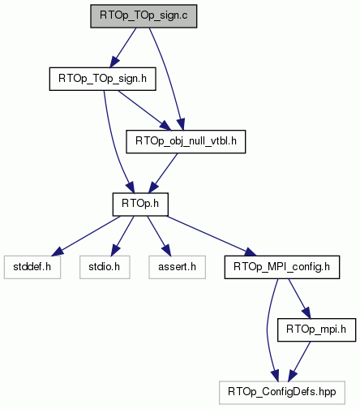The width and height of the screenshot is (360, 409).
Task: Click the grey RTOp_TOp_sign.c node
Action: click(144, 16)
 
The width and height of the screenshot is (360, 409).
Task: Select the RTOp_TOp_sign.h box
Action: click(102, 79)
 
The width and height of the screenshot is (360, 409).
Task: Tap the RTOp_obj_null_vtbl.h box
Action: click(186, 141)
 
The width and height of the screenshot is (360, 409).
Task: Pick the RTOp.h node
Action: click(140, 204)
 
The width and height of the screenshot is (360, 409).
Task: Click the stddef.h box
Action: click(32, 267)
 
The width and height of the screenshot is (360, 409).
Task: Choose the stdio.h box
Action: click(105, 267)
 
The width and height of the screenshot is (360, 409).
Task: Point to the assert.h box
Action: click(177, 267)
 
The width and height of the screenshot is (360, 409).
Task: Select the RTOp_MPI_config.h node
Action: click(282, 267)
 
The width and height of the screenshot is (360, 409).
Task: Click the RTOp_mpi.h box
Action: click(316, 329)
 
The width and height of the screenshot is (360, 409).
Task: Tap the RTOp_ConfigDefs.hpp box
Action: click(282, 393)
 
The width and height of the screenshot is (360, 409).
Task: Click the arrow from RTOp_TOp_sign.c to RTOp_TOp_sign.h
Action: click(123, 47)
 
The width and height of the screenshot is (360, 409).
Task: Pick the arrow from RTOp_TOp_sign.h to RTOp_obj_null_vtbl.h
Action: click(144, 110)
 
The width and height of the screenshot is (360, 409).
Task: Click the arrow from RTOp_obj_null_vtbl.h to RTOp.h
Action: click(164, 173)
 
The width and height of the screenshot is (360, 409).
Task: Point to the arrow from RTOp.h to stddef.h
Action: click(86, 236)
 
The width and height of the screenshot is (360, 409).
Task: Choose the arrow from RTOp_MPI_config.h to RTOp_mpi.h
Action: click(299, 299)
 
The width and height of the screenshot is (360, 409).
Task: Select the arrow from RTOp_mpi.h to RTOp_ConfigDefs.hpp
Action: click(299, 361)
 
